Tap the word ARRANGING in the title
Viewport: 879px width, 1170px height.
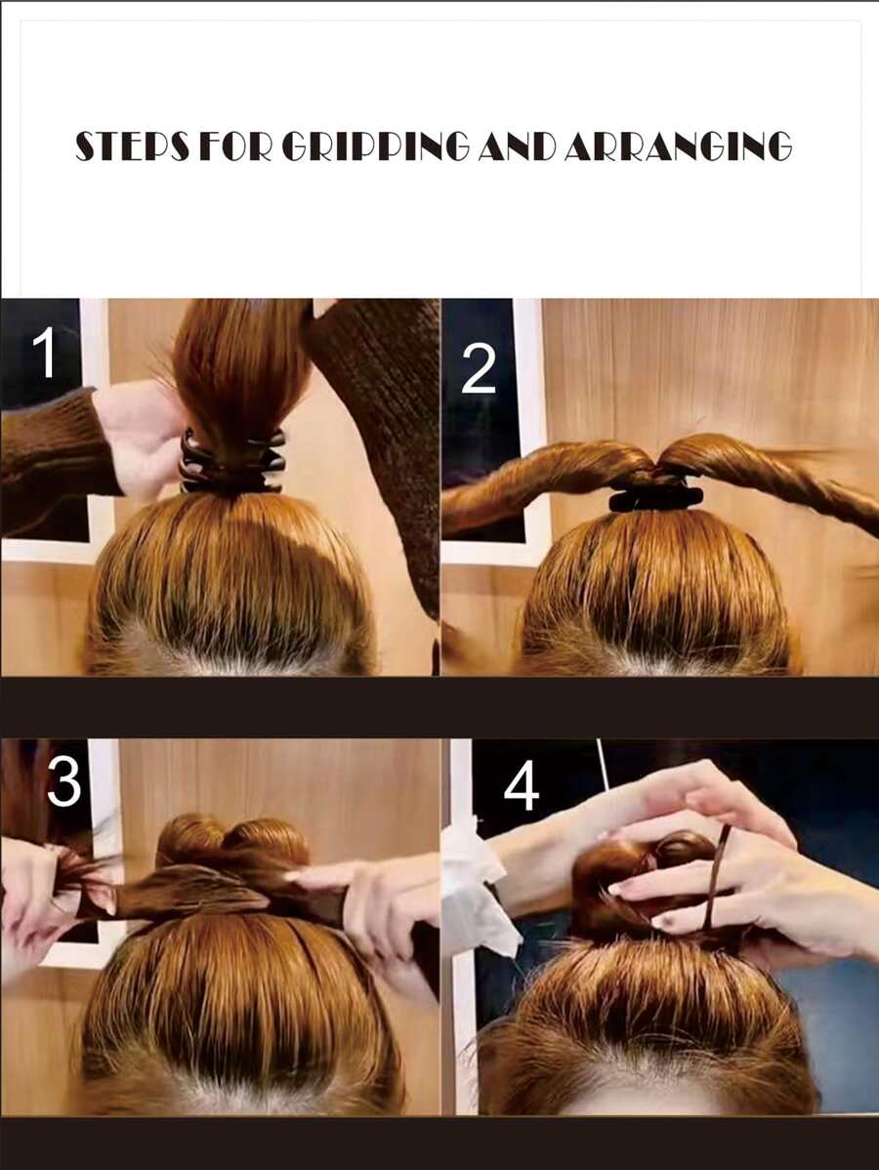click(x=678, y=146)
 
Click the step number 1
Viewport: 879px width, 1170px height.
click(x=45, y=355)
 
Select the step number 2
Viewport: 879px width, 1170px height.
click(x=479, y=370)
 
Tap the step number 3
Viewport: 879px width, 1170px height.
click(x=64, y=782)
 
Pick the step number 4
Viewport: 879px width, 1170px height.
click(x=522, y=788)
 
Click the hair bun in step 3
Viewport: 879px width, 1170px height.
click(x=231, y=851)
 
